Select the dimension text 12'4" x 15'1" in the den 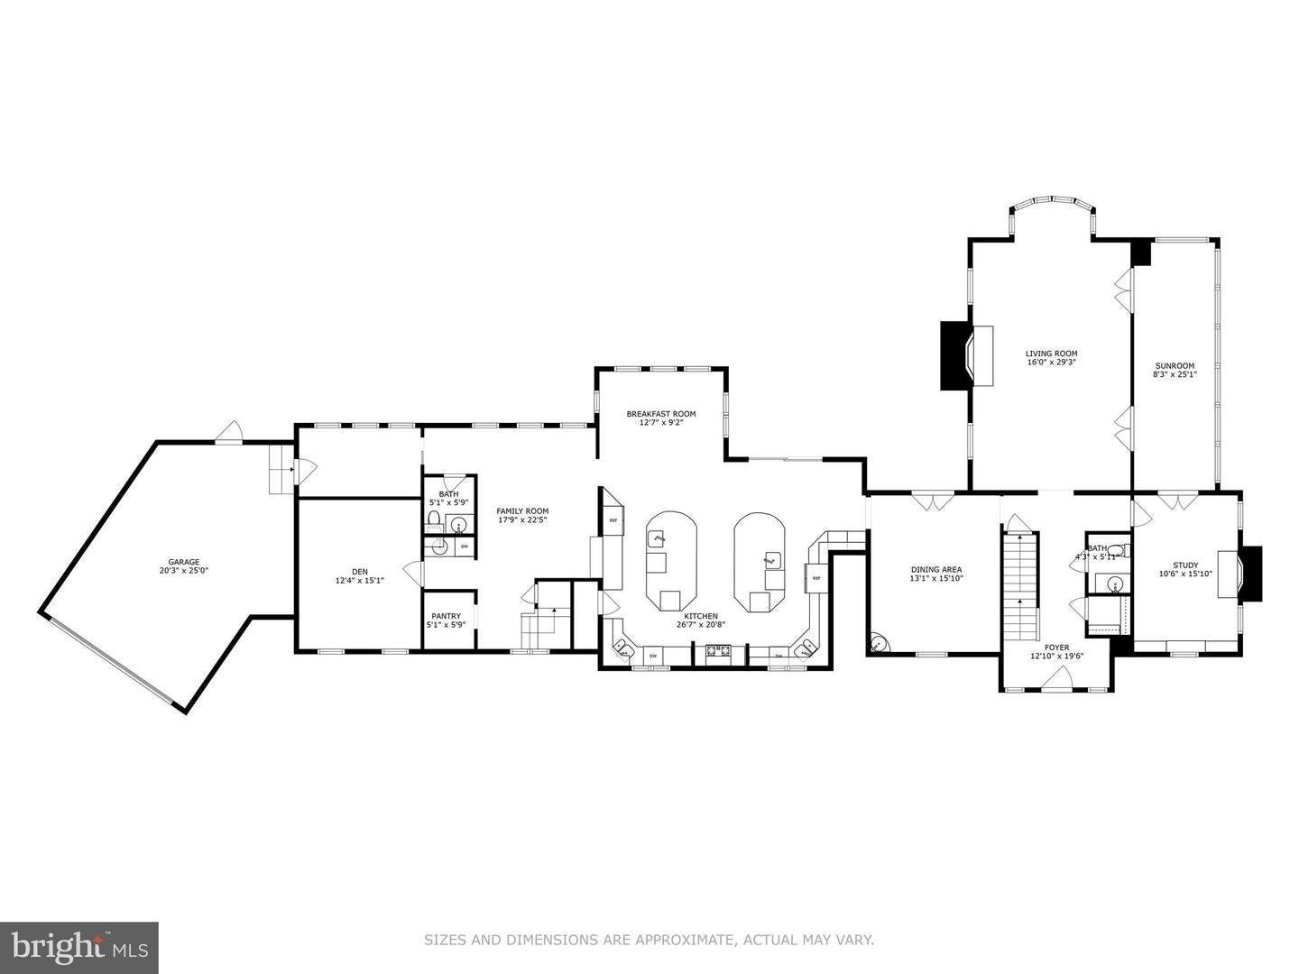[360, 580]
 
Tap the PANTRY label [446, 616]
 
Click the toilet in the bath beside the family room [434, 519]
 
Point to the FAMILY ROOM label [522, 511]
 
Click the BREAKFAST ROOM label [661, 414]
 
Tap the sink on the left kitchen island [658, 538]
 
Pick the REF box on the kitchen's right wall [815, 577]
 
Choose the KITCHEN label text [700, 616]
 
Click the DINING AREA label [936, 569]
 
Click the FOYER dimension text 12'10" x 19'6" [1056, 657]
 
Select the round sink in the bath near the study [1115, 551]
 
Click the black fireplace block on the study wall [1252, 574]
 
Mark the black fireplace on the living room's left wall [954, 356]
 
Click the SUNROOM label [1175, 365]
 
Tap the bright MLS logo [79, 947]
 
